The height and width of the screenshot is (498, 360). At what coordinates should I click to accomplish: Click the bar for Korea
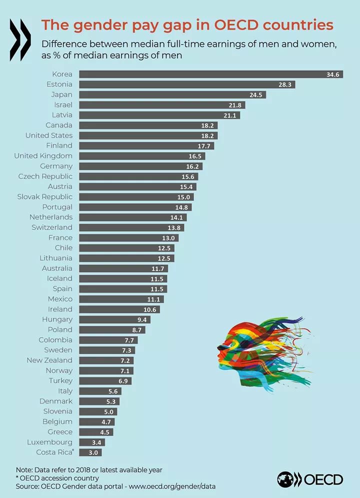210,74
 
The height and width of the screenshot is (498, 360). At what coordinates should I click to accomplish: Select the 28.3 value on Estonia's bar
285,84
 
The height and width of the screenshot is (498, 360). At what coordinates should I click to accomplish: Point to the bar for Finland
146,146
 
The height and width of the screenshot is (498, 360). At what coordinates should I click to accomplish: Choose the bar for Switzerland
131,227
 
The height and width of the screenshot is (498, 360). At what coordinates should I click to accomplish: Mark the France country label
60,238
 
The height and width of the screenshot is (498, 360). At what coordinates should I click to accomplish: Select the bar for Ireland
119,309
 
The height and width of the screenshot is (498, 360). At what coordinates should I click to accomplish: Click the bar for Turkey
105,381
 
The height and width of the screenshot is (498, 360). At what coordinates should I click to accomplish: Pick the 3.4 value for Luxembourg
98,442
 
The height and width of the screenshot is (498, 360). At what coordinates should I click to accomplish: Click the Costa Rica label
54,453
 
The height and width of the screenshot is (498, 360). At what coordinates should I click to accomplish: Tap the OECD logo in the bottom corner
310,480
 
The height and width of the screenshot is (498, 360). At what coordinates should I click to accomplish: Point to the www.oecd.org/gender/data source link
172,485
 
